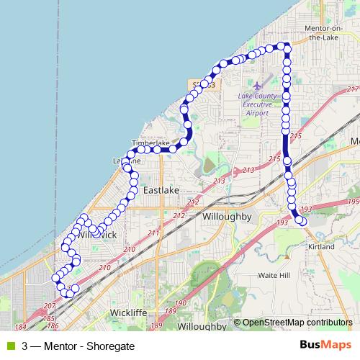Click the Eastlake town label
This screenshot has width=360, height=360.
click(x=161, y=190)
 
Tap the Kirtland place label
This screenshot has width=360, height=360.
click(x=320, y=247)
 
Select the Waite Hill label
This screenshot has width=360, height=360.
click(x=274, y=275)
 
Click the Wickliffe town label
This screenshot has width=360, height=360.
click(x=129, y=312)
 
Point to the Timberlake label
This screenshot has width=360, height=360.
click(x=150, y=143)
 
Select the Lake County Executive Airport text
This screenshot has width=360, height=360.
click(x=258, y=104)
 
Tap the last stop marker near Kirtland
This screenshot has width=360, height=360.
click(x=302, y=222)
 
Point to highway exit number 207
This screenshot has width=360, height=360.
click(x=48, y=305)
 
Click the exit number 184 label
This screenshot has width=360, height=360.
click(x=20, y=326)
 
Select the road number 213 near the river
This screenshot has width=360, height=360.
click(x=219, y=181)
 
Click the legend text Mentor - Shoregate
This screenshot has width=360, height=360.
click(x=65, y=346)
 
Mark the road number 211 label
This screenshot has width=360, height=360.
click(x=152, y=233)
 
